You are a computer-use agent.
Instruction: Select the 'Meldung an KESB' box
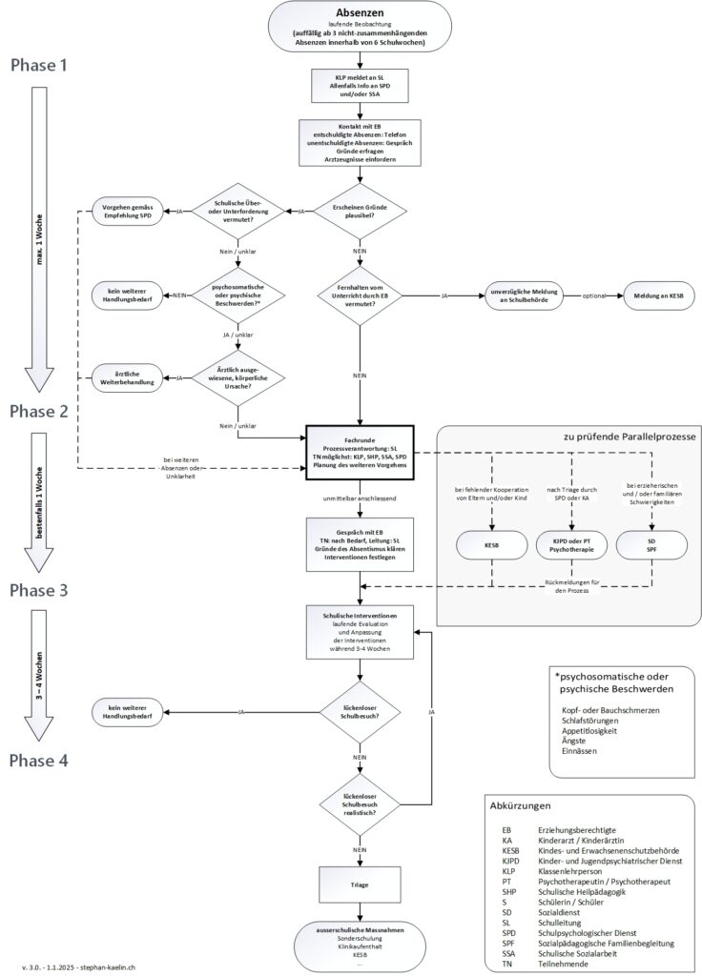pyautogui.click(x=657, y=296)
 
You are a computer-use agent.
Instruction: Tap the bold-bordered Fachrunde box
pyautogui.click(x=360, y=448)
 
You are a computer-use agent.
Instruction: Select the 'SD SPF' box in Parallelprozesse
pyautogui.click(x=650, y=544)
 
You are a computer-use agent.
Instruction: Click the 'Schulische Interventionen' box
pyautogui.click(x=360, y=631)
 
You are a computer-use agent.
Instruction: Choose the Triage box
pyautogui.click(x=360, y=884)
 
